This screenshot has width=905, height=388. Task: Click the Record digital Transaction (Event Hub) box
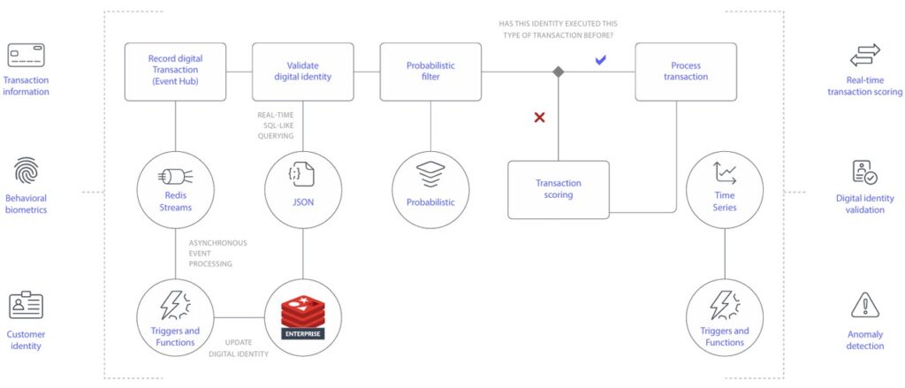tap(176, 72)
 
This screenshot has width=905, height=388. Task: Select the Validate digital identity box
tap(303, 72)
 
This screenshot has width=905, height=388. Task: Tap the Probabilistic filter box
tap(430, 72)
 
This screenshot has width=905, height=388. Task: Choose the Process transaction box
tap(686, 72)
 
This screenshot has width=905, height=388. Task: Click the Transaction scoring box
tap(559, 189)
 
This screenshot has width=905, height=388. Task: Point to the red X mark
tap(539, 118)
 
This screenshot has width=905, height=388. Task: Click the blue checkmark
tap(600, 59)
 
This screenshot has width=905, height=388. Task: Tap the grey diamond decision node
tap(559, 72)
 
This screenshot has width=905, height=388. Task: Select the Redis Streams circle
tap(176, 190)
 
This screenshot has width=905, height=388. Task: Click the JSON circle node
tap(303, 190)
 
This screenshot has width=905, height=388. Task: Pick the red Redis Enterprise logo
tap(303, 317)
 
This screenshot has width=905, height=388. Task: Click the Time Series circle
tap(725, 190)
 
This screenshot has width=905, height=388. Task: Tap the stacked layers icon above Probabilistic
tap(430, 174)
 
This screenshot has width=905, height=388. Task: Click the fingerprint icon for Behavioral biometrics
tap(26, 171)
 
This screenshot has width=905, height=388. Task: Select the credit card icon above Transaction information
tap(26, 56)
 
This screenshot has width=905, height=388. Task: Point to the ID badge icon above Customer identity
tap(26, 306)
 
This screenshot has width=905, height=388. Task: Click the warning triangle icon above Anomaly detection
tap(865, 306)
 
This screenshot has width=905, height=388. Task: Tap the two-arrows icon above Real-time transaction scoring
tap(865, 56)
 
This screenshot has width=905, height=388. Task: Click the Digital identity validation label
tap(865, 204)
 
